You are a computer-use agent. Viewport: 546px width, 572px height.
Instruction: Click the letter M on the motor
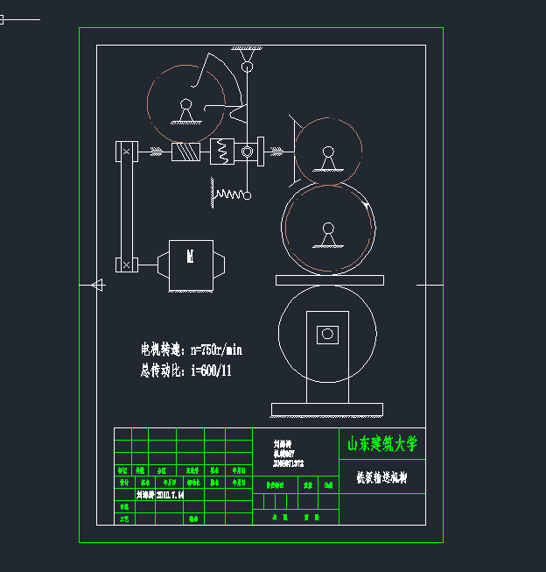pyautogui.click(x=190, y=257)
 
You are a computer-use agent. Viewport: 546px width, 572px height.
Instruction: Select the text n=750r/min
pyautogui.click(x=215, y=350)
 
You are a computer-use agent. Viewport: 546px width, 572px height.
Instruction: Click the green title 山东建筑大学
pyautogui.click(x=382, y=444)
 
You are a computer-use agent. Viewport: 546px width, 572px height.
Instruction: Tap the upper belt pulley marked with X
pyautogui.click(x=127, y=152)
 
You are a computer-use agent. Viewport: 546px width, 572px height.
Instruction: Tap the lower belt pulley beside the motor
pyautogui.click(x=127, y=264)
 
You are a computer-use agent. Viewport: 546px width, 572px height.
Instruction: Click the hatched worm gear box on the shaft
pyautogui.click(x=185, y=152)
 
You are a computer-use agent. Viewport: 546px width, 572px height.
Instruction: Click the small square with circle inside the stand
pyautogui.click(x=328, y=334)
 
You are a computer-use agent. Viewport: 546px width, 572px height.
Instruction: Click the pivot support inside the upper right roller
pyautogui.click(x=328, y=158)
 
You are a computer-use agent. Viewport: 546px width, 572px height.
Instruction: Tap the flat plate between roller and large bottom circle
pyautogui.click(x=329, y=280)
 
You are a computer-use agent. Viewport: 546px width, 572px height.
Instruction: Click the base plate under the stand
pyautogui.click(x=326, y=409)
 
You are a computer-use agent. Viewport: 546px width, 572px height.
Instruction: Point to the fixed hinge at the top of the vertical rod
pyautogui.click(x=248, y=60)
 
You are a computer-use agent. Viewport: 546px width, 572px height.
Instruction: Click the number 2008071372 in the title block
pyautogui.click(x=288, y=463)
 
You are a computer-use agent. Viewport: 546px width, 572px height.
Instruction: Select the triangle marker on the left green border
pyautogui.click(x=97, y=285)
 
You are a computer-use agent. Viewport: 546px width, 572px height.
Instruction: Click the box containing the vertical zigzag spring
pyautogui.click(x=222, y=152)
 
